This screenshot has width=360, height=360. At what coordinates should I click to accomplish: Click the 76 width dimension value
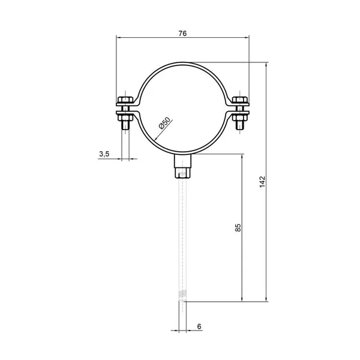coord(182,34)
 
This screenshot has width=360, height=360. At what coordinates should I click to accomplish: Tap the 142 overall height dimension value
coord(262,182)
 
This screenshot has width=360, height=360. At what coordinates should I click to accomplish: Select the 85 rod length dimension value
coord(238,227)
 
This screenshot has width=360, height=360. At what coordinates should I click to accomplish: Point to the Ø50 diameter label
coord(164,123)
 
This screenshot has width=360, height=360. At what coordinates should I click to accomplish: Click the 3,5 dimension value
coord(104,154)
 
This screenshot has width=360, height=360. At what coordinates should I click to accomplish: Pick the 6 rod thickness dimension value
coord(199,326)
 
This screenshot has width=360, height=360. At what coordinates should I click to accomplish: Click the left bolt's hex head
coord(125,100)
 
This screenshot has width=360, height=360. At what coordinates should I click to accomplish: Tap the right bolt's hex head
coord(240,100)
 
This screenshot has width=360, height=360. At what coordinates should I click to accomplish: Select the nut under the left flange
coord(125,118)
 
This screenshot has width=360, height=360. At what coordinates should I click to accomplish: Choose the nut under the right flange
coord(240,118)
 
